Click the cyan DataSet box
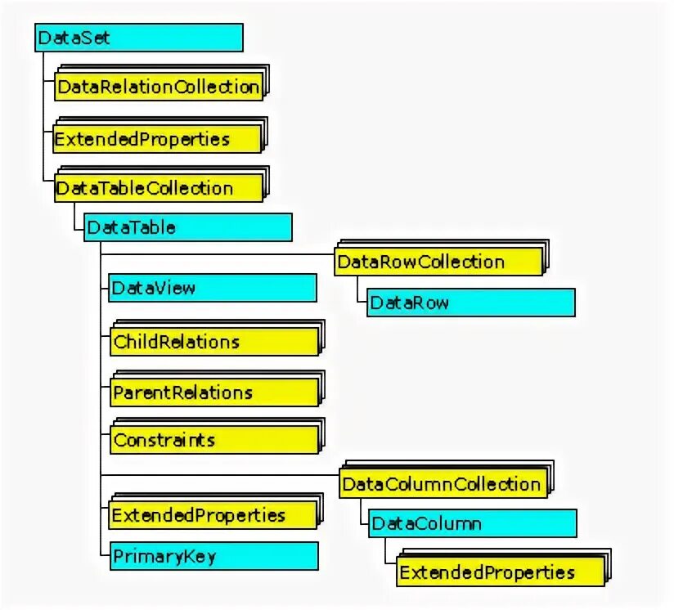tap(139, 38)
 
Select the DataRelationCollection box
tap(159, 87)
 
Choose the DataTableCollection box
tap(159, 188)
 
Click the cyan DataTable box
tap(187, 227)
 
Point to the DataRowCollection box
tap(438, 262)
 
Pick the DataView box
tap(212, 288)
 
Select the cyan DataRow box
tap(470, 303)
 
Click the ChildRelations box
tap(213, 341)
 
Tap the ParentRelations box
tap(213, 392)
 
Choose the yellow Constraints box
tap(213, 440)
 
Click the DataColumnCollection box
tap(442, 483)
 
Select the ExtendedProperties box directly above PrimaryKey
tap(212, 515)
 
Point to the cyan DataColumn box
tap(473, 523)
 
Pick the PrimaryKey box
tap(213, 556)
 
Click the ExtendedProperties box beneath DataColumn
tap(499, 572)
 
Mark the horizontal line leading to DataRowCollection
tap(217, 254)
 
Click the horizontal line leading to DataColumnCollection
tap(219, 473)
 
